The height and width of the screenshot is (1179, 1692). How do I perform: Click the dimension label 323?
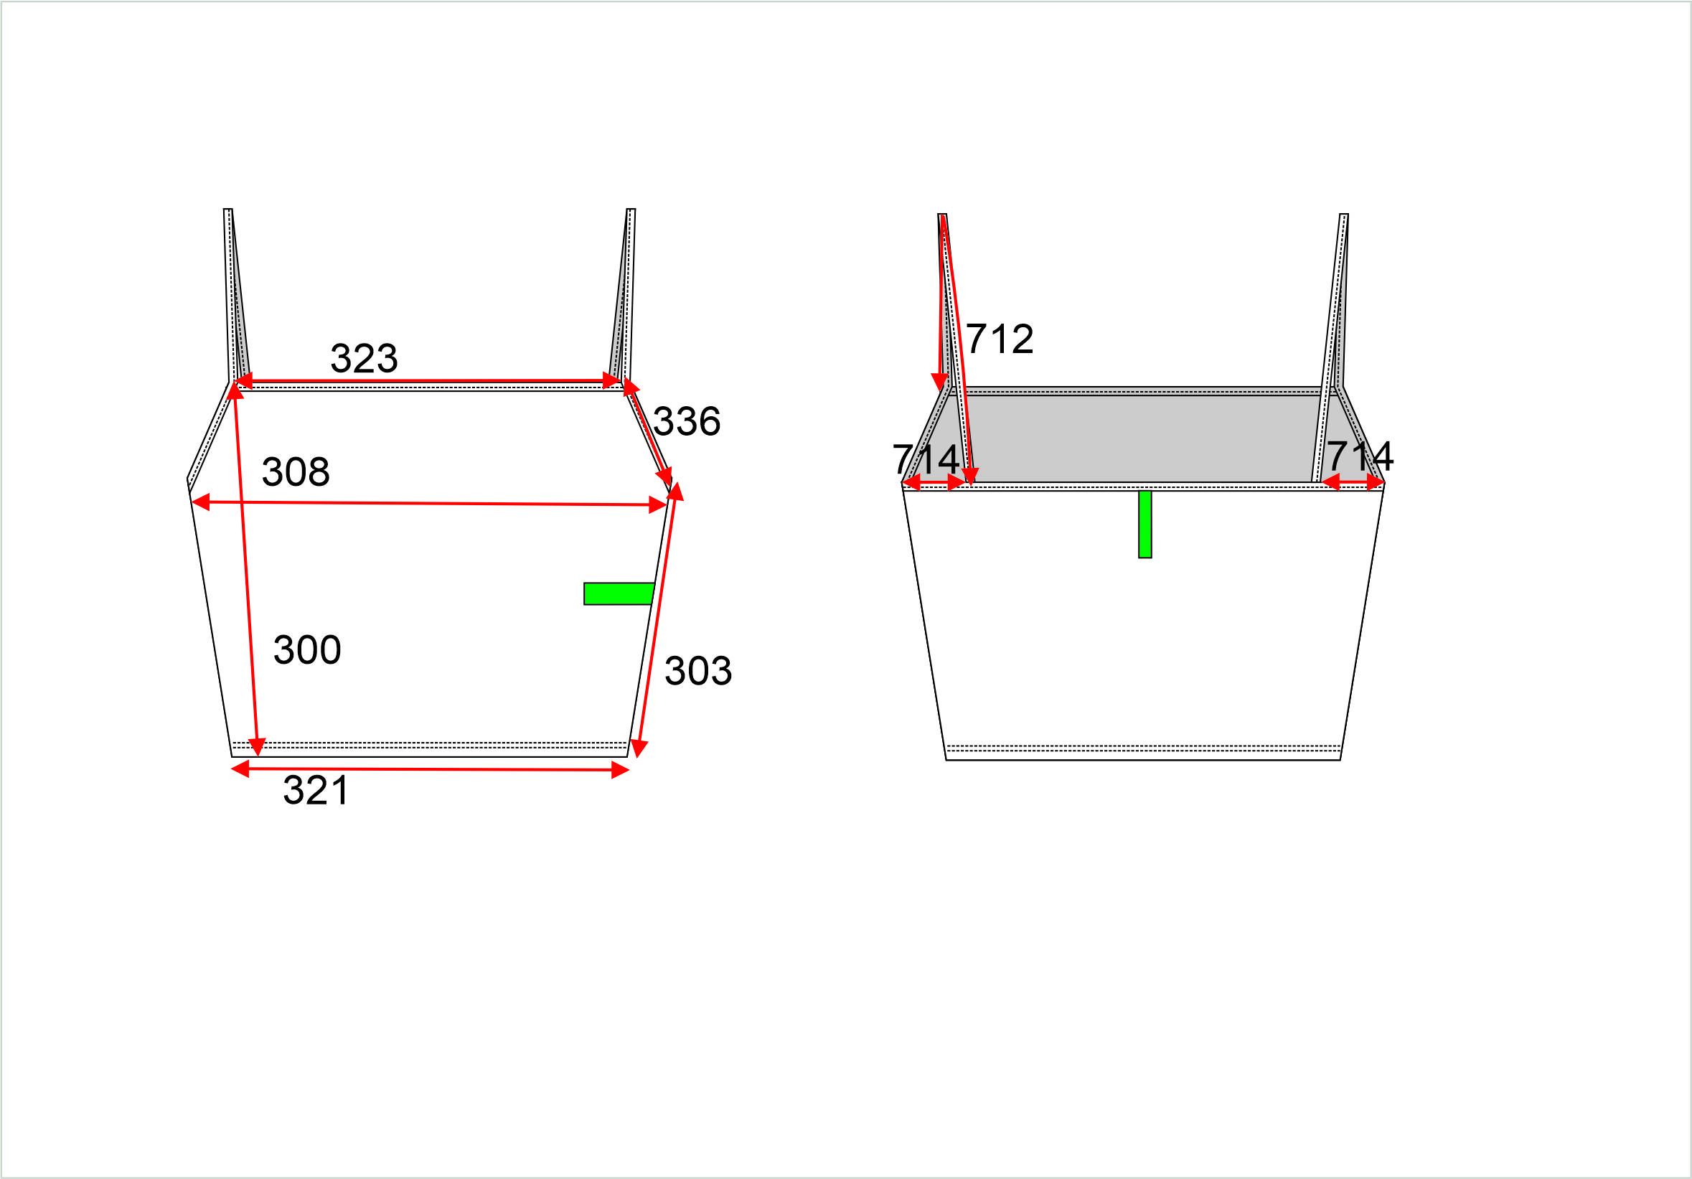[364, 359]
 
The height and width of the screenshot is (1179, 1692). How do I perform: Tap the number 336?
[687, 421]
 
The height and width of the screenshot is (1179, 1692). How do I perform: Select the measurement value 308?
[296, 471]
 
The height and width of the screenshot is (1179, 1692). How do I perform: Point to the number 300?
[307, 650]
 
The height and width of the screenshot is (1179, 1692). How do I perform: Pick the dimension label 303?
[698, 670]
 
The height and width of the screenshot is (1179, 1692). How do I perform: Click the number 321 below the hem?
[316, 791]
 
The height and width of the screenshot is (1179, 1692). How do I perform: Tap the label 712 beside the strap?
[1000, 339]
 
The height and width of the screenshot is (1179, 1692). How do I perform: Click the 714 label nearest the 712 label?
[926, 460]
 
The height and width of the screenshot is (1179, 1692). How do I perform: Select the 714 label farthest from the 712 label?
[1360, 456]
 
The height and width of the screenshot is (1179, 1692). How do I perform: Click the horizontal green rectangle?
[619, 594]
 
